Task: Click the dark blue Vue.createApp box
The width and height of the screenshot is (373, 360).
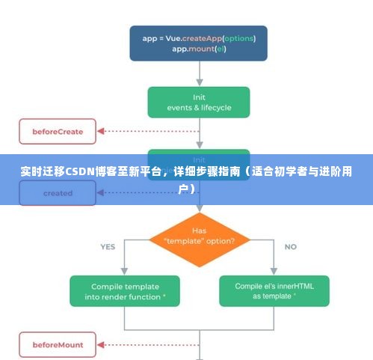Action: [198, 43]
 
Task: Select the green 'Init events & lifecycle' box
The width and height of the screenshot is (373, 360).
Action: [198, 102]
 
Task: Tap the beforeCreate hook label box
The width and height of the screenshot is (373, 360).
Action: [57, 132]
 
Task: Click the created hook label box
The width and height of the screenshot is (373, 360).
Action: [57, 192]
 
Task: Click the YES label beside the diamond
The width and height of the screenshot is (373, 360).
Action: [108, 246]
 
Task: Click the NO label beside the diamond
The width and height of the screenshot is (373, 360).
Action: [290, 246]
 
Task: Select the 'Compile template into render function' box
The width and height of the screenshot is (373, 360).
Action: [125, 291]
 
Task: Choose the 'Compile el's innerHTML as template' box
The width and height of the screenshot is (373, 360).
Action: [274, 291]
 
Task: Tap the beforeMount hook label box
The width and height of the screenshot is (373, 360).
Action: [57, 345]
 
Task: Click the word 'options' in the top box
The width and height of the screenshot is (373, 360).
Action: [238, 37]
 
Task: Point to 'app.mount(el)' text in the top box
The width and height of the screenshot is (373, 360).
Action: [198, 49]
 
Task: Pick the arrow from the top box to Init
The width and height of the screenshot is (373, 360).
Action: [198, 73]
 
